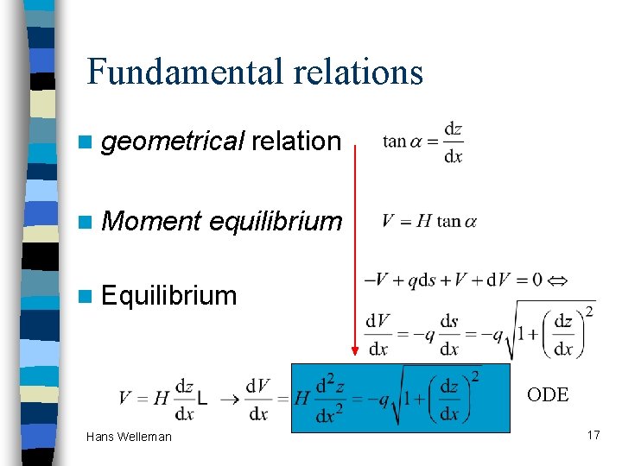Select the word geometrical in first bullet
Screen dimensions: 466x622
tap(173, 142)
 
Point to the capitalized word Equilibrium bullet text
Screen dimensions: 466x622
tap(168, 296)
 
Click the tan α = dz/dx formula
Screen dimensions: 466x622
tap(423, 142)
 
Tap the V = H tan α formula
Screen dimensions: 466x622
tap(428, 221)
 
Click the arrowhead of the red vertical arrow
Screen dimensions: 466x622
tap(355, 350)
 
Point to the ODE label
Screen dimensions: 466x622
tap(548, 395)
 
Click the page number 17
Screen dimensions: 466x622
tap(593, 435)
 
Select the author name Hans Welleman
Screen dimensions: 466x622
tap(129, 437)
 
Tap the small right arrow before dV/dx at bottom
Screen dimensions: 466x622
tap(231, 398)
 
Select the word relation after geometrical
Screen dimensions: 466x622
tap(296, 142)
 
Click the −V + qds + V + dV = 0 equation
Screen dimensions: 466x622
tap(454, 280)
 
